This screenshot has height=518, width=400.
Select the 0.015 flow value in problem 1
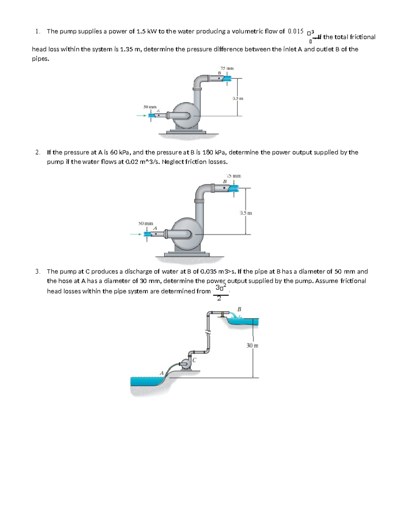click(x=295, y=32)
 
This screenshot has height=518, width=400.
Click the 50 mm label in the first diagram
click(x=150, y=107)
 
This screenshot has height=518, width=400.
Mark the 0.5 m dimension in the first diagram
click(x=238, y=98)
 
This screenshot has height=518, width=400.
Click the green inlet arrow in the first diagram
click(x=141, y=116)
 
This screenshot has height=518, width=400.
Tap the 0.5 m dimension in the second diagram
click(x=246, y=213)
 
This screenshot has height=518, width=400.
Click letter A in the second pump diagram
click(x=155, y=228)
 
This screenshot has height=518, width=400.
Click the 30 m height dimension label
click(x=252, y=346)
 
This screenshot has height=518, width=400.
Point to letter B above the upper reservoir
click(x=239, y=309)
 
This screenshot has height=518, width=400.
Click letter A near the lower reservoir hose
click(x=162, y=373)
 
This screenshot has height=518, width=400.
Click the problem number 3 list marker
click(x=37, y=272)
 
